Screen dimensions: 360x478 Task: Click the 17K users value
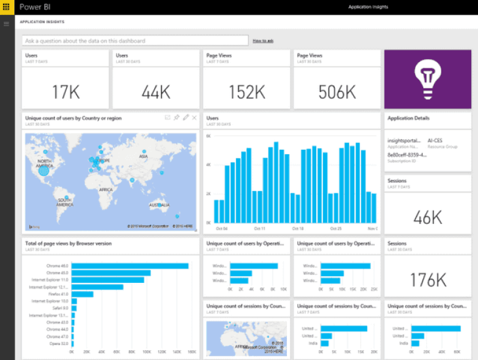(x=66, y=92)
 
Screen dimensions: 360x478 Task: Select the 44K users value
(x=156, y=92)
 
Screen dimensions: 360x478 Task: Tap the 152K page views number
(x=247, y=92)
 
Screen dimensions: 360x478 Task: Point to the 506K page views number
(x=337, y=92)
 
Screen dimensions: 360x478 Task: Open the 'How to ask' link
(x=263, y=41)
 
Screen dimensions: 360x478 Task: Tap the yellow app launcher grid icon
(x=7, y=7)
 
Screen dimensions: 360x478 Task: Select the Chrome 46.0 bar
(x=129, y=266)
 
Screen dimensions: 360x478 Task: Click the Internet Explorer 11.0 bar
(x=108, y=280)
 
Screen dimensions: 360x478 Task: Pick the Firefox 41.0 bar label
(x=58, y=294)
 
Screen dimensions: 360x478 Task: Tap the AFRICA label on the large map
(x=106, y=190)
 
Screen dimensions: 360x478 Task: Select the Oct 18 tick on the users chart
(x=298, y=228)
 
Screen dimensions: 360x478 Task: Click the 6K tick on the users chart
(x=209, y=135)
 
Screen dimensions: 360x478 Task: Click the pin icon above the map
(x=176, y=118)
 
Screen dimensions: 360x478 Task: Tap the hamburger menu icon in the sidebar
(x=7, y=24)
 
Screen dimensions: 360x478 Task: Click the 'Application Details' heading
(x=408, y=118)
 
